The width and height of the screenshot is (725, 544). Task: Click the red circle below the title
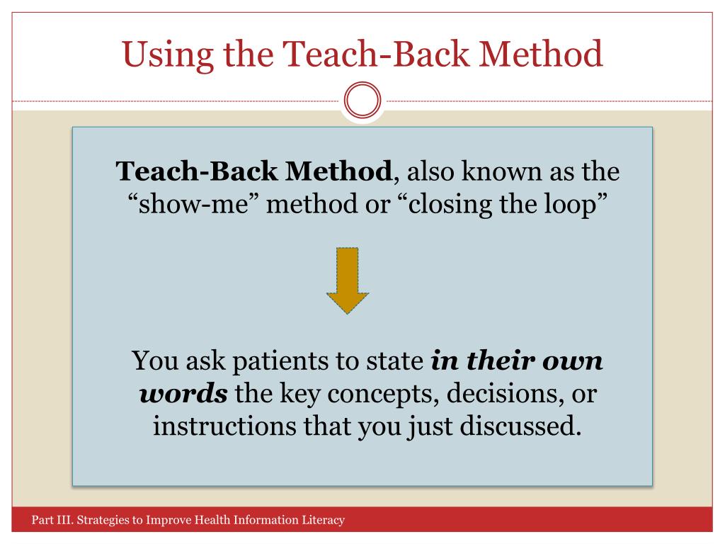(362, 103)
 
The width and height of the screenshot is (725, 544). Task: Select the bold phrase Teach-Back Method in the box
(253, 171)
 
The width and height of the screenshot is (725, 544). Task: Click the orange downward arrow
(347, 280)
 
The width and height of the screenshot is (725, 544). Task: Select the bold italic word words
(183, 394)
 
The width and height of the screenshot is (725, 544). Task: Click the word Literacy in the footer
(323, 521)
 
